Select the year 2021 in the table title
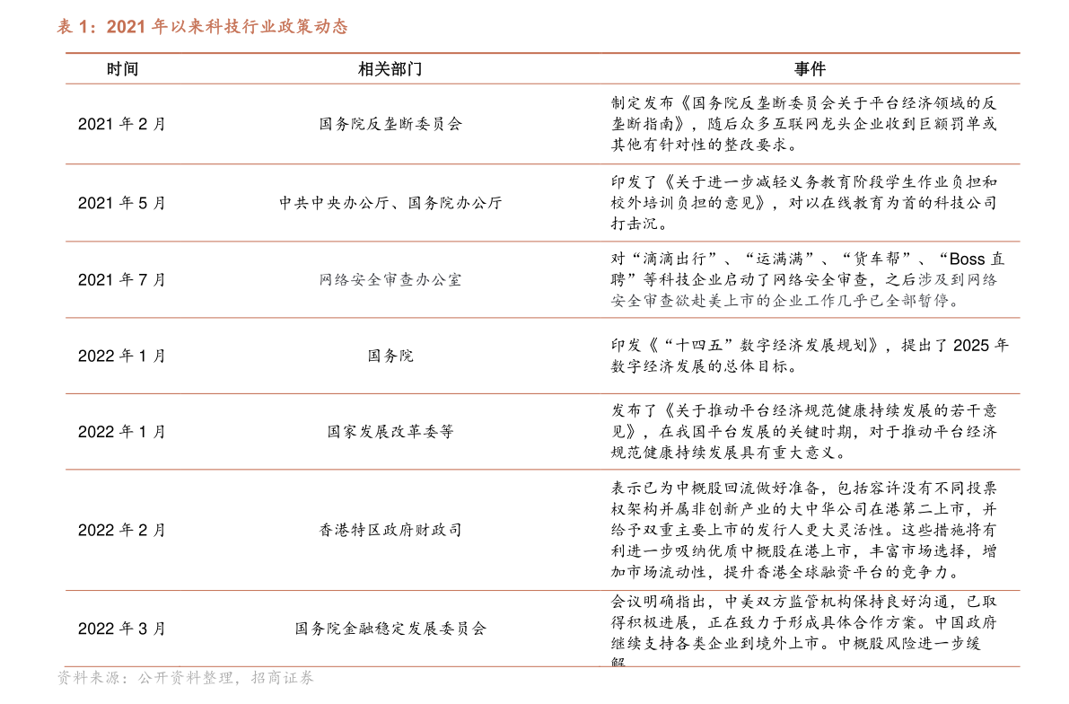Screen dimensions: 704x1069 pyautogui.click(x=126, y=27)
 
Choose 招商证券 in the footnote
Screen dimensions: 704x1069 pyautogui.click(x=283, y=678)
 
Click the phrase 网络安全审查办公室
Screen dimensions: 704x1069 pyautogui.click(x=390, y=280)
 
